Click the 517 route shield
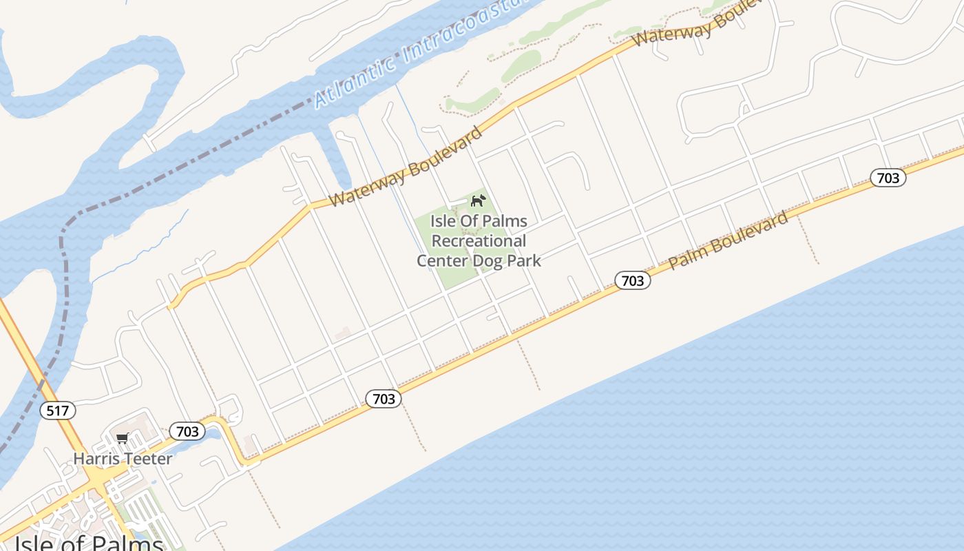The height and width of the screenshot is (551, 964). point(58,411)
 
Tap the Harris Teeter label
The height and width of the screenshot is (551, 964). point(123,458)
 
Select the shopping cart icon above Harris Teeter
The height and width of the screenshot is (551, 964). point(123,439)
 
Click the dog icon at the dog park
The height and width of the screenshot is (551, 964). point(478,201)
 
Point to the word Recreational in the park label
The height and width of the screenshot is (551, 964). point(479,241)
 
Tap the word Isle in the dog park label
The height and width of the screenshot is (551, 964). point(444,221)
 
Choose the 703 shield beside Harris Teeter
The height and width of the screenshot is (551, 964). point(187,432)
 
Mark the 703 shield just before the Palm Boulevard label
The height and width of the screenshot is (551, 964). point(632,280)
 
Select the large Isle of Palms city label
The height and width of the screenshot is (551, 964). point(88,543)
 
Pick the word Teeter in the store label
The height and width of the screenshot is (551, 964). point(149,458)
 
